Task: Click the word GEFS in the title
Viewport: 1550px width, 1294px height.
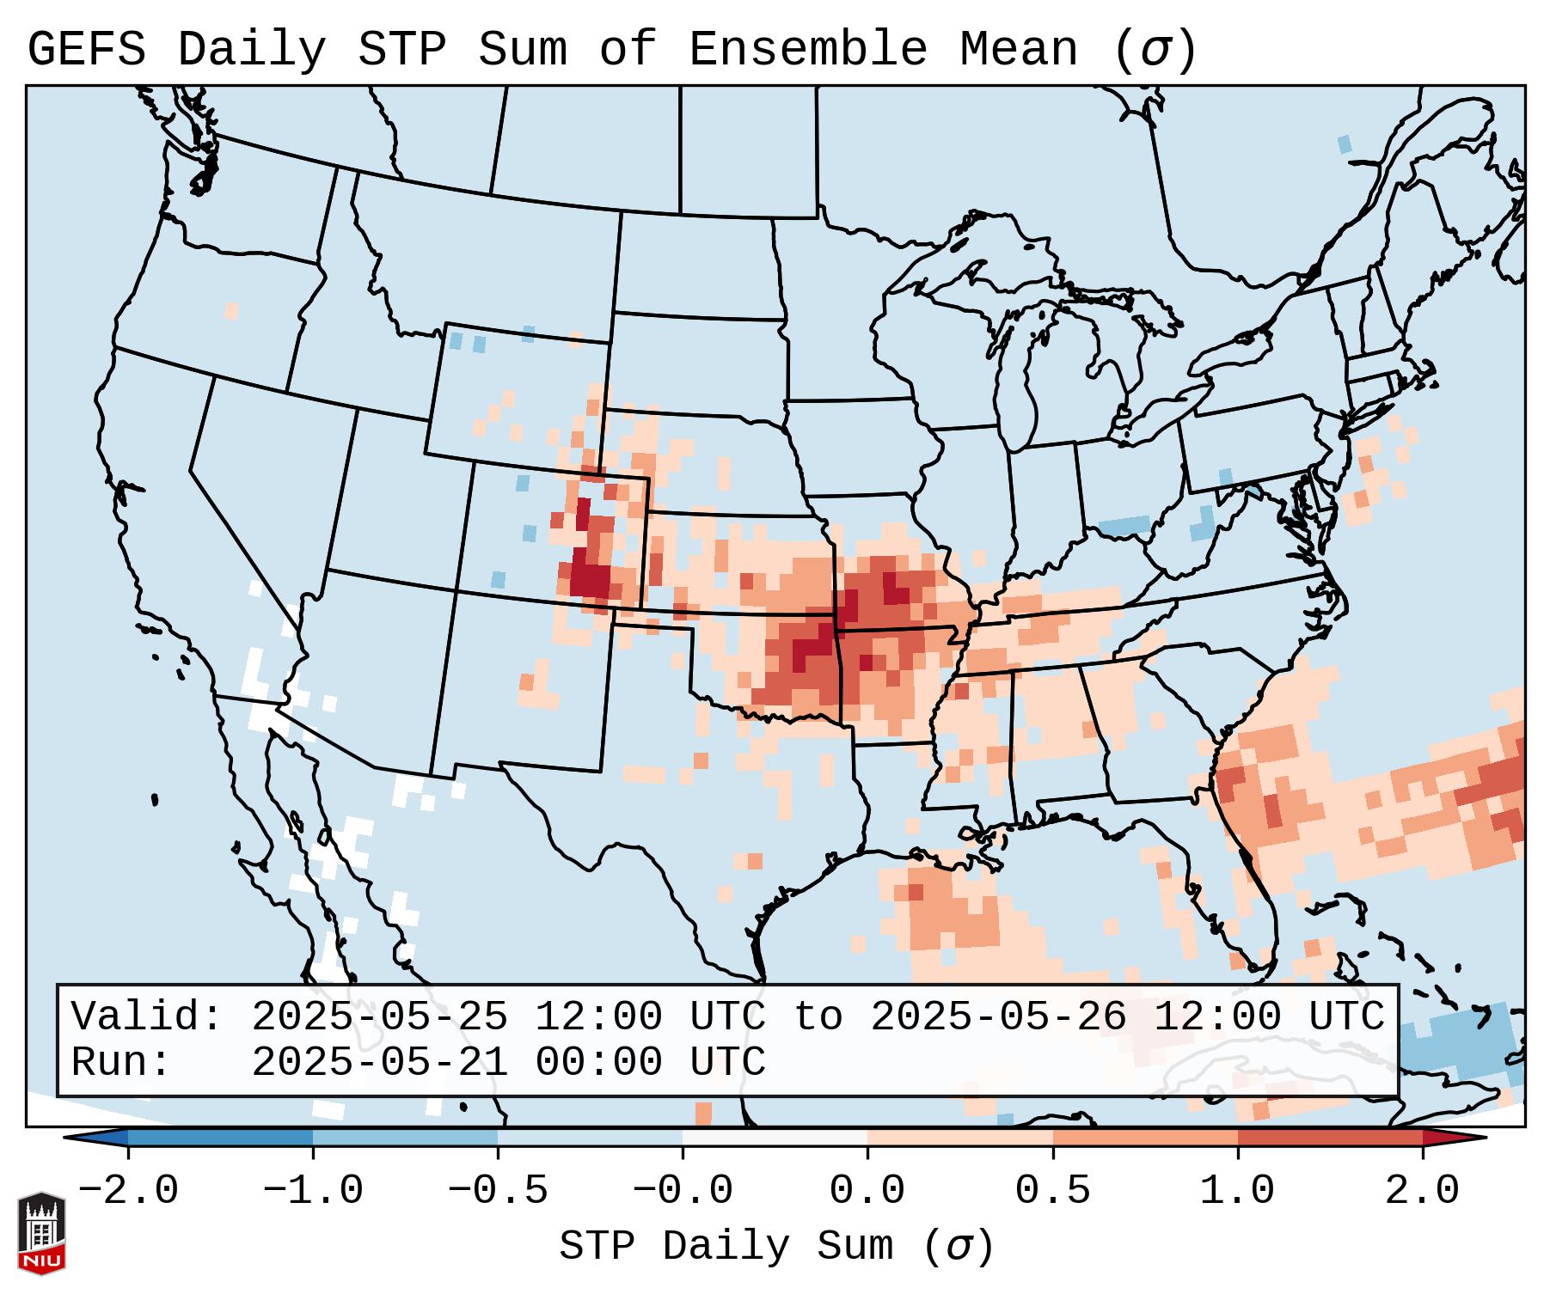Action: point(87,50)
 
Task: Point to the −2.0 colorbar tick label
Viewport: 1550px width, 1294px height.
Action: point(127,1191)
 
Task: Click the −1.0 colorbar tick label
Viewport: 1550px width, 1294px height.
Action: point(312,1191)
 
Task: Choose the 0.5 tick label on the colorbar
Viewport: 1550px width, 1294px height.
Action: point(1052,1191)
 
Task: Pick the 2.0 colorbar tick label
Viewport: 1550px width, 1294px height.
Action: point(1422,1191)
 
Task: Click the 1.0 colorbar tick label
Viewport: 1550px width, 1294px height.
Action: point(1237,1191)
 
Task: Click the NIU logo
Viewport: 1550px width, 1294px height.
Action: point(41,1233)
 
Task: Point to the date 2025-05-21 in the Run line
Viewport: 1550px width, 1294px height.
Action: point(380,1063)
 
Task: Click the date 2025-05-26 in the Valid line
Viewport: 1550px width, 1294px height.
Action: point(999,1017)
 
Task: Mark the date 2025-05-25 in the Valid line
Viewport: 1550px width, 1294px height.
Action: point(380,1017)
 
